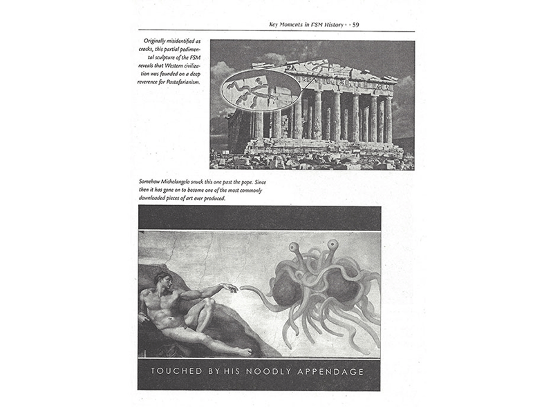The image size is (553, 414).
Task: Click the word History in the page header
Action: (334, 26)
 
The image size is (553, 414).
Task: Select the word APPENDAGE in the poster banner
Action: (331, 372)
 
